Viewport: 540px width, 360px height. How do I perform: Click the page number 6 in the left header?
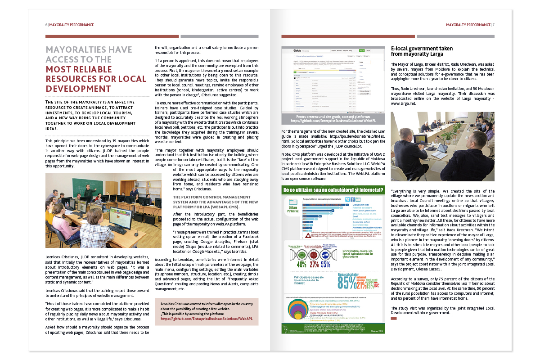46,25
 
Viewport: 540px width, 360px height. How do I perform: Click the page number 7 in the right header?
493,25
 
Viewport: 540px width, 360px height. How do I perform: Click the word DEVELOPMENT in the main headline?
79,89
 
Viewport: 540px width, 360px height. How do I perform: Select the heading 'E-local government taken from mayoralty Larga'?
422,51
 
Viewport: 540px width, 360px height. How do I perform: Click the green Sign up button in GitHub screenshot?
362,50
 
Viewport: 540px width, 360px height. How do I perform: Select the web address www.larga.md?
403,103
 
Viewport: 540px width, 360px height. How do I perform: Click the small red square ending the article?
394,318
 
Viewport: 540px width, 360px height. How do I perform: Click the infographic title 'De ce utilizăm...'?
333,191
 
